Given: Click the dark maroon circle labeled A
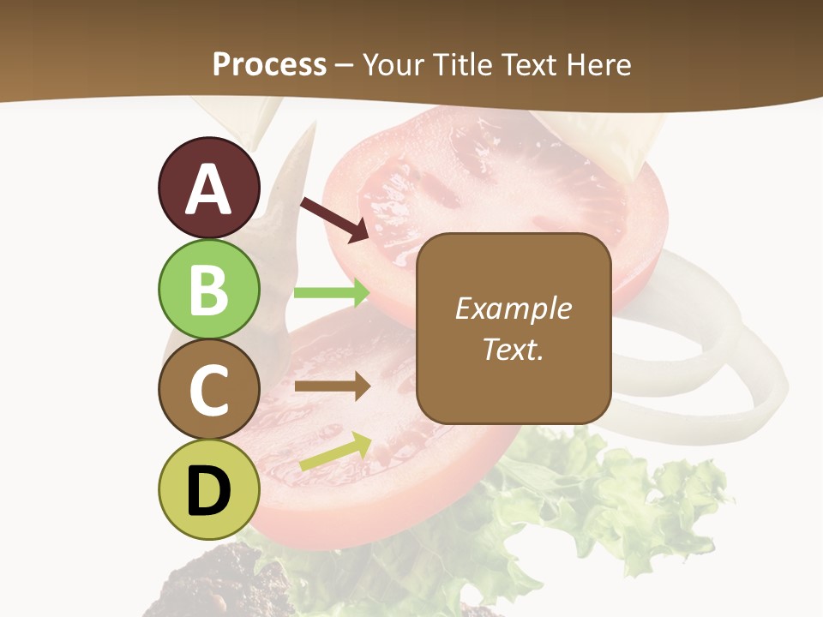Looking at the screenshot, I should click(209, 188).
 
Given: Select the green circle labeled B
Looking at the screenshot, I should click(209, 289).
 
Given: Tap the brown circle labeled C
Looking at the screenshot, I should click(209, 390).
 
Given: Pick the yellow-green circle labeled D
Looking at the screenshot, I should click(209, 490).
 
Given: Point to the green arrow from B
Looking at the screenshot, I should click(332, 292).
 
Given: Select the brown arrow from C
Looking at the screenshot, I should click(332, 386).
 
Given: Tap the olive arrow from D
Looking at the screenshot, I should click(335, 452).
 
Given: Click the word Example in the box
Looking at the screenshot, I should click(514, 308).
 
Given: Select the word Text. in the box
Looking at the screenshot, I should click(514, 350).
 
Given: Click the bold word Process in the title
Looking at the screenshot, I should click(269, 64).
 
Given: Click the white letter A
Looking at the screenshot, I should click(209, 189).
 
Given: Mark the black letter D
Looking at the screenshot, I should click(209, 492).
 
